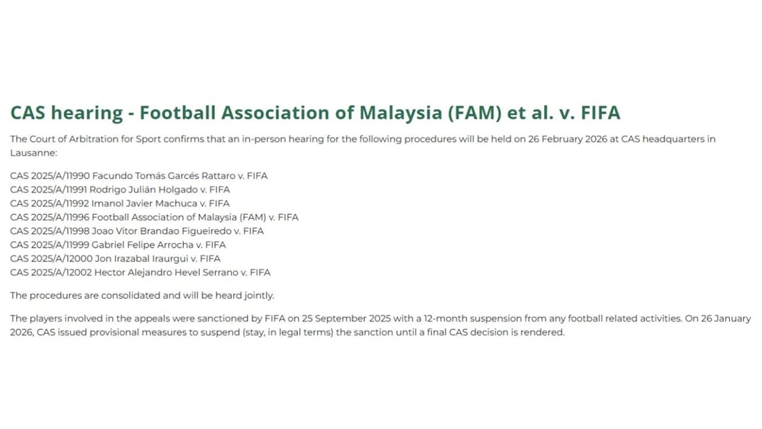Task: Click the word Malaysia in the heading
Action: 400,114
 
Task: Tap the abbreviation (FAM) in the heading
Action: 474,113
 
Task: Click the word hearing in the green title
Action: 87,114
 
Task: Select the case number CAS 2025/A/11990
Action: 50,176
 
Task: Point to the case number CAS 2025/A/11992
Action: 50,203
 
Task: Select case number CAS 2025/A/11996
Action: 50,217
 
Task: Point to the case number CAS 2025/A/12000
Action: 51,258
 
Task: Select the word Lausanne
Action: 33,153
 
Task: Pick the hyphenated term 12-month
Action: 446,319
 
